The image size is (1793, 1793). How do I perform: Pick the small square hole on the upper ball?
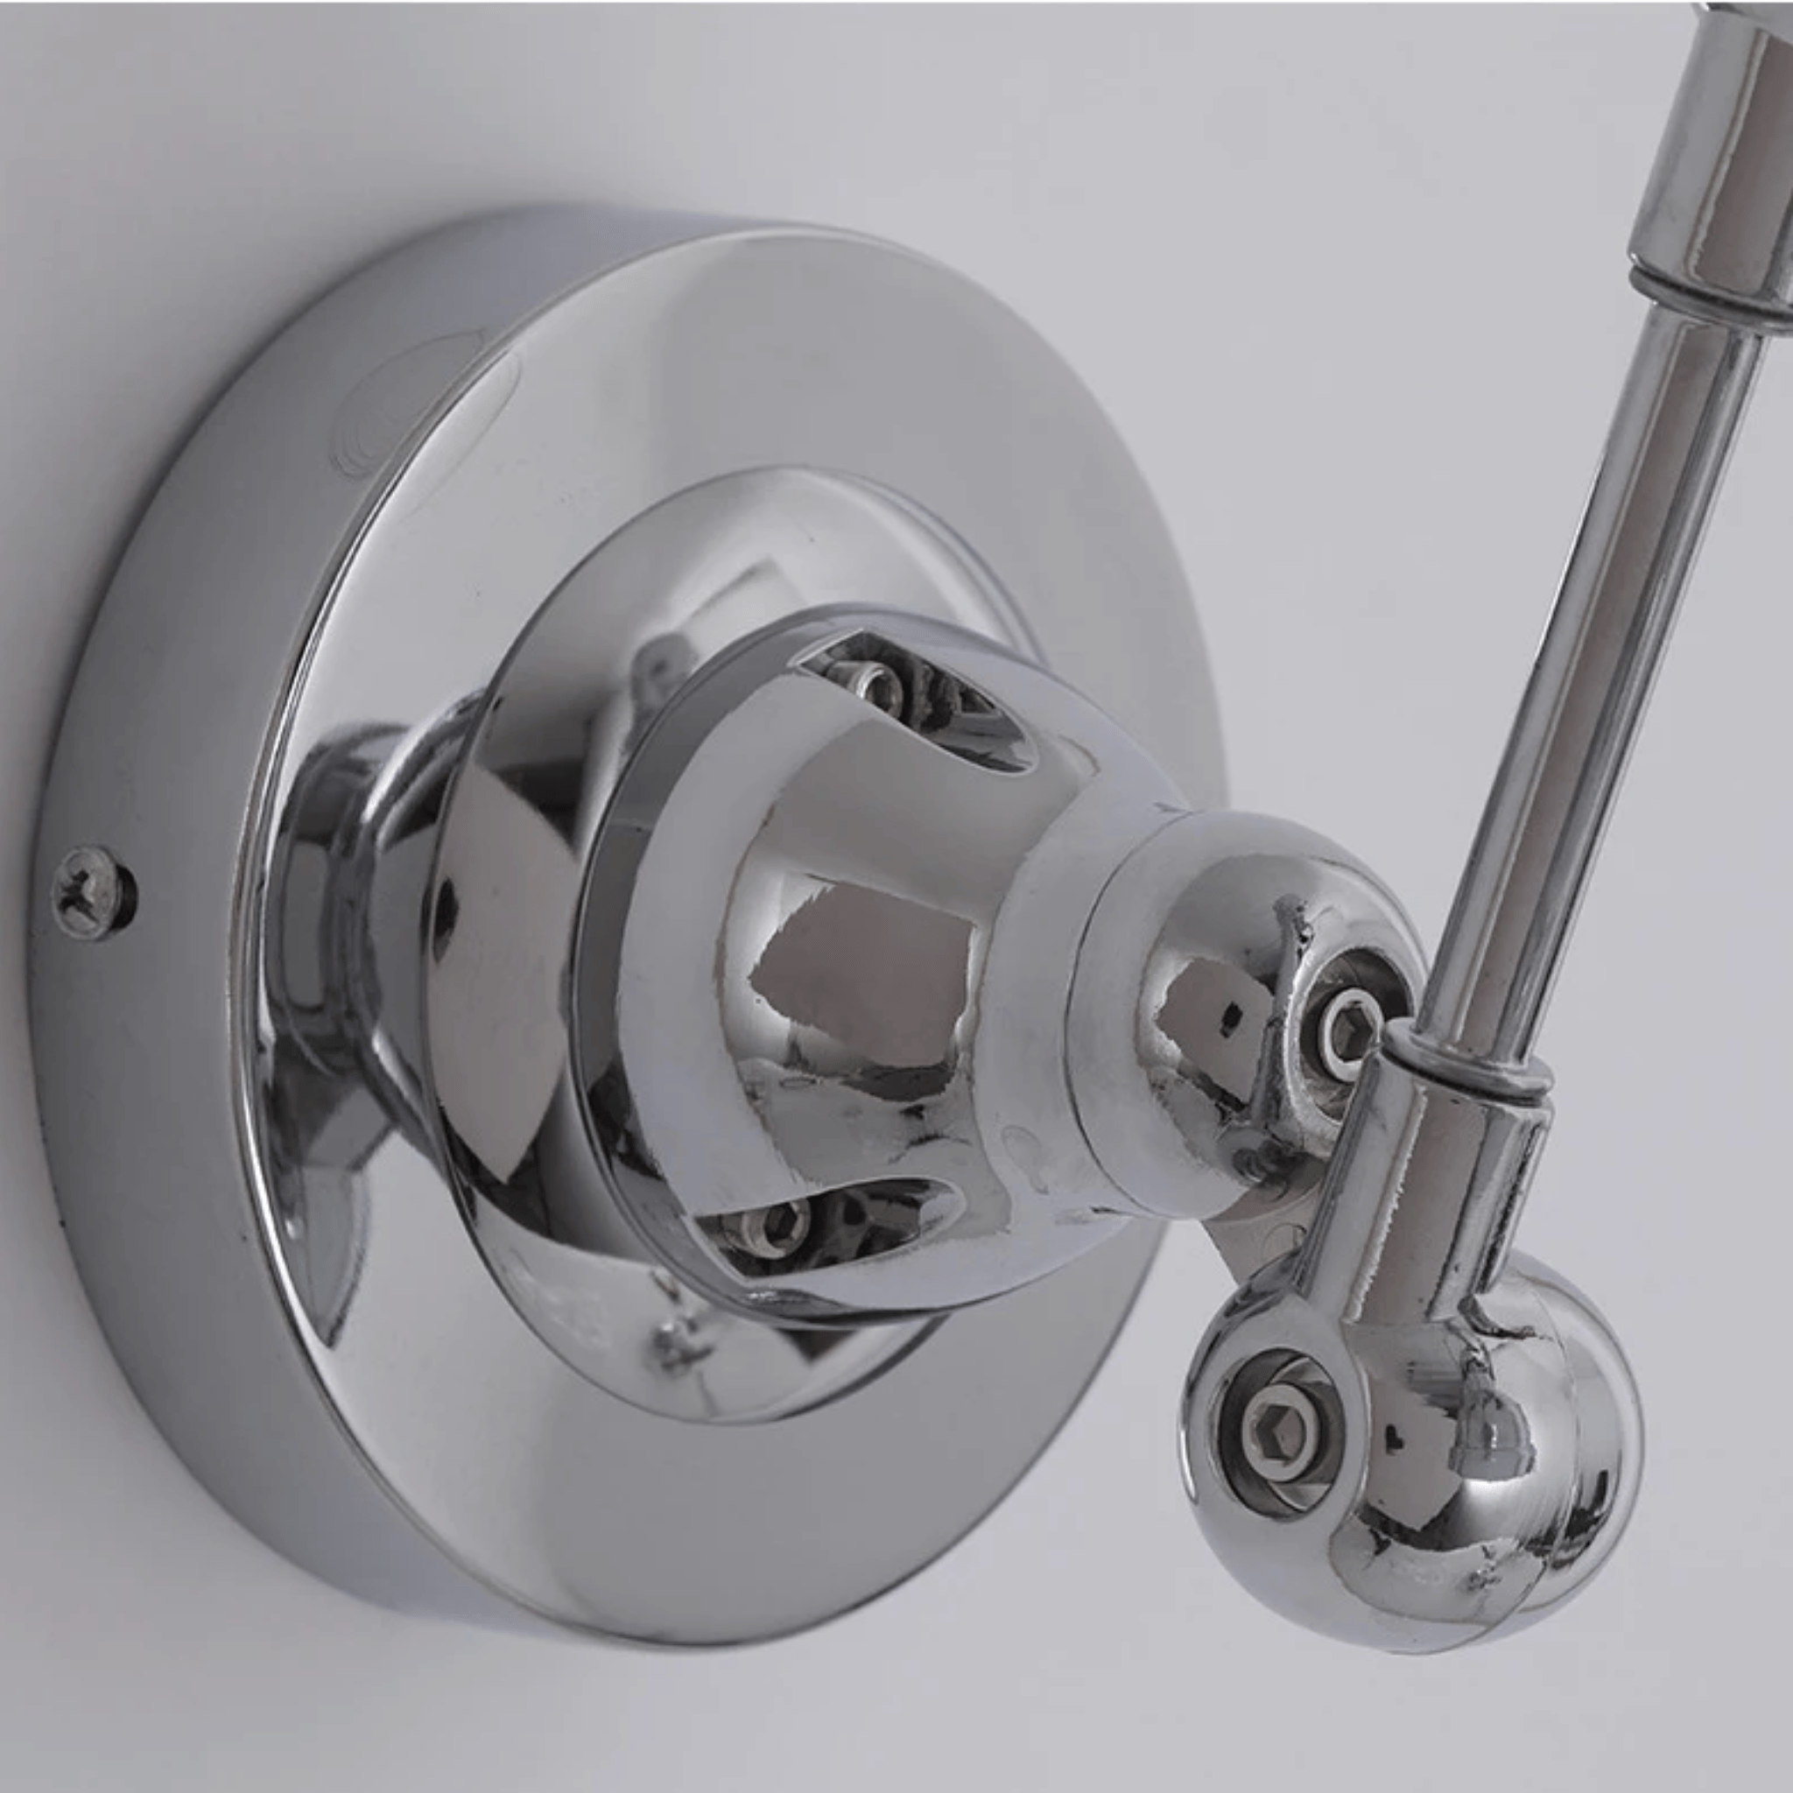coord(1232,1018)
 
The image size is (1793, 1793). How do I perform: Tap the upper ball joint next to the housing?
coord(1234,956)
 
